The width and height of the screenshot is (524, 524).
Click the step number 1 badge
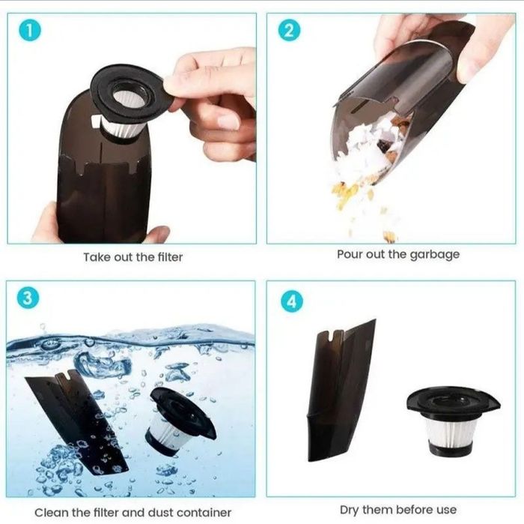pyautogui.click(x=30, y=31)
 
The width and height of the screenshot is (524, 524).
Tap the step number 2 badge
pyautogui.click(x=289, y=31)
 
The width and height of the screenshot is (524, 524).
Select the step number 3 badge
pyautogui.click(x=28, y=298)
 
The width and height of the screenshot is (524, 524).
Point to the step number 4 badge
pyautogui.click(x=292, y=301)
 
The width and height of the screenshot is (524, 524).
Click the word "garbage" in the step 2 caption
pyautogui.click(x=434, y=255)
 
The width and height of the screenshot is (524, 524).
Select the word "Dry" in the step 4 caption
pyautogui.click(x=350, y=511)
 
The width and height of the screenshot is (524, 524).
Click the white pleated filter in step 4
pyautogui.click(x=446, y=433)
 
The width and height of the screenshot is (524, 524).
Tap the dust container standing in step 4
pyautogui.click(x=340, y=391)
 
